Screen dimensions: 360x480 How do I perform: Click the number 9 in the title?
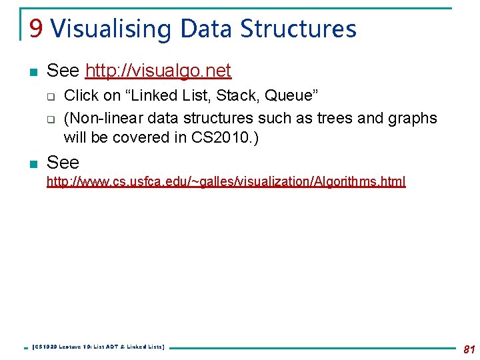[36, 29]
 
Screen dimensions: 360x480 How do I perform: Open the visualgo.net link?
[158, 71]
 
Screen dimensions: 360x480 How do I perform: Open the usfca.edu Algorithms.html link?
[225, 181]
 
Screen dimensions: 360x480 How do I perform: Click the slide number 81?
[468, 349]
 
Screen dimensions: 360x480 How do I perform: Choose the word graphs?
[414, 118]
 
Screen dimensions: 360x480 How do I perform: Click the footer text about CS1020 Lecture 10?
[98, 347]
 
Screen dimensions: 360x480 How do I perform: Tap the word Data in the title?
[207, 29]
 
